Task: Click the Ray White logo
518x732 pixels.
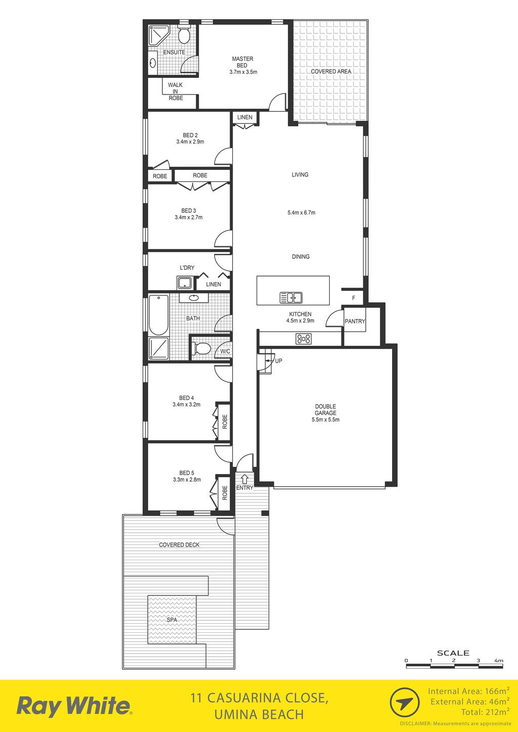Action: click(x=74, y=707)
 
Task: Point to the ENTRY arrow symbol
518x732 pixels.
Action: click(x=244, y=479)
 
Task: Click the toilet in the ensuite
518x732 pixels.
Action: click(x=184, y=35)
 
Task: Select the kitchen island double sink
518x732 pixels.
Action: click(x=291, y=298)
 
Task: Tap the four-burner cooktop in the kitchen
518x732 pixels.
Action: click(x=304, y=339)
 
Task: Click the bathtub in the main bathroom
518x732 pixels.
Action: click(x=159, y=315)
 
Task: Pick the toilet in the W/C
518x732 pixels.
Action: click(x=201, y=348)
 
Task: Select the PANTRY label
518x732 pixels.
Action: click(x=355, y=321)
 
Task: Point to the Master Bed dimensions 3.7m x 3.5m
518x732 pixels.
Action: click(x=243, y=72)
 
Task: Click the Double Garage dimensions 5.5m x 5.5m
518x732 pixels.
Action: click(x=325, y=420)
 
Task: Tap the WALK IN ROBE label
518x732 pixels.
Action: click(x=176, y=91)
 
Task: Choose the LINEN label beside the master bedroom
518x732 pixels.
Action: click(x=245, y=117)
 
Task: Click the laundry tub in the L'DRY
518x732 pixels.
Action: click(x=185, y=283)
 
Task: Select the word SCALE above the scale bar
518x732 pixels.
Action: click(x=453, y=653)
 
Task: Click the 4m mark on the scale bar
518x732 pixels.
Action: click(x=499, y=660)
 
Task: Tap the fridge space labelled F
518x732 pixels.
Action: click(x=354, y=298)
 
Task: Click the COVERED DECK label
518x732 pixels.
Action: click(x=179, y=545)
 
